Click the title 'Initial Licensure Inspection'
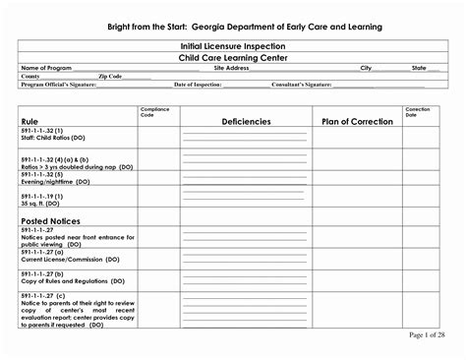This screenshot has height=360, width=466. pyautogui.click(x=233, y=46)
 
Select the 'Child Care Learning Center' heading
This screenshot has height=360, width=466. pyautogui.click(x=233, y=57)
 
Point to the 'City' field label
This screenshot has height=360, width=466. pyautogui.click(x=366, y=67)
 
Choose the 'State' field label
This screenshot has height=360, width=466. pyautogui.click(x=419, y=67)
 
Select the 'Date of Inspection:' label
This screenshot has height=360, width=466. pyautogui.click(x=197, y=85)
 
